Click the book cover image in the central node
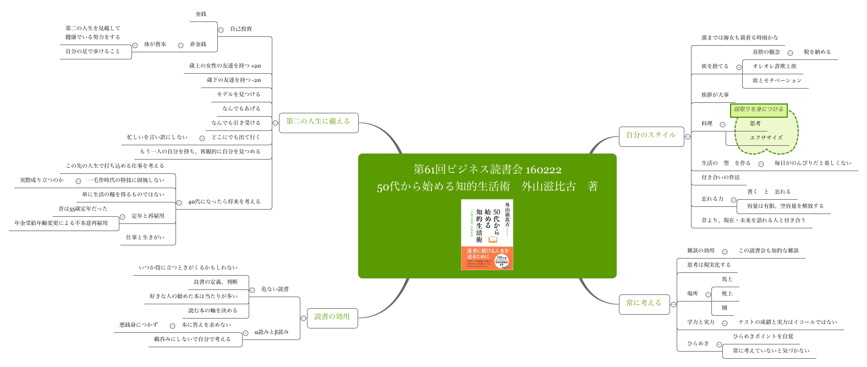pos(487,234)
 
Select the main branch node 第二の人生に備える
pos(318,122)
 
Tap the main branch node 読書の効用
pos(332,317)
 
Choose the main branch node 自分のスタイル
pos(651,135)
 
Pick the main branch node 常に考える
pos(644,303)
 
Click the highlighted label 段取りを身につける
pos(759,109)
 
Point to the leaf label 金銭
pos(201,14)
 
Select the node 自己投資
pos(241,29)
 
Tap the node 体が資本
pos(155,45)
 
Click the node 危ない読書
pos(275,289)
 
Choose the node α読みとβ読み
pos(272,332)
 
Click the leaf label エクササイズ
pos(766,138)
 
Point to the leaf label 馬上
pos(727,280)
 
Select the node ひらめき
pos(698,344)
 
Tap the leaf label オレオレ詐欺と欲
pos(775,67)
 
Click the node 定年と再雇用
pos(148,216)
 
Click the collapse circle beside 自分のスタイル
pos(688,136)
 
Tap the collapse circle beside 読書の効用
pos(303,318)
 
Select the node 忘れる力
pos(712,199)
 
